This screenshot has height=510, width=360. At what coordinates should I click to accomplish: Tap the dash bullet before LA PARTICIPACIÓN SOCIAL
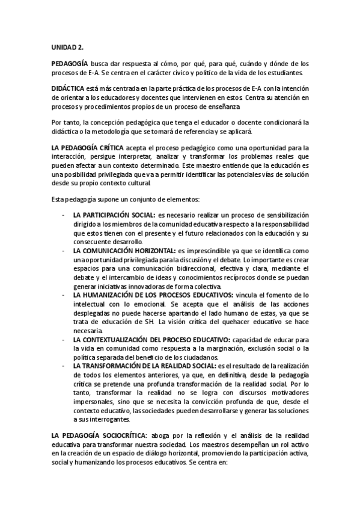(x=64, y=215)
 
